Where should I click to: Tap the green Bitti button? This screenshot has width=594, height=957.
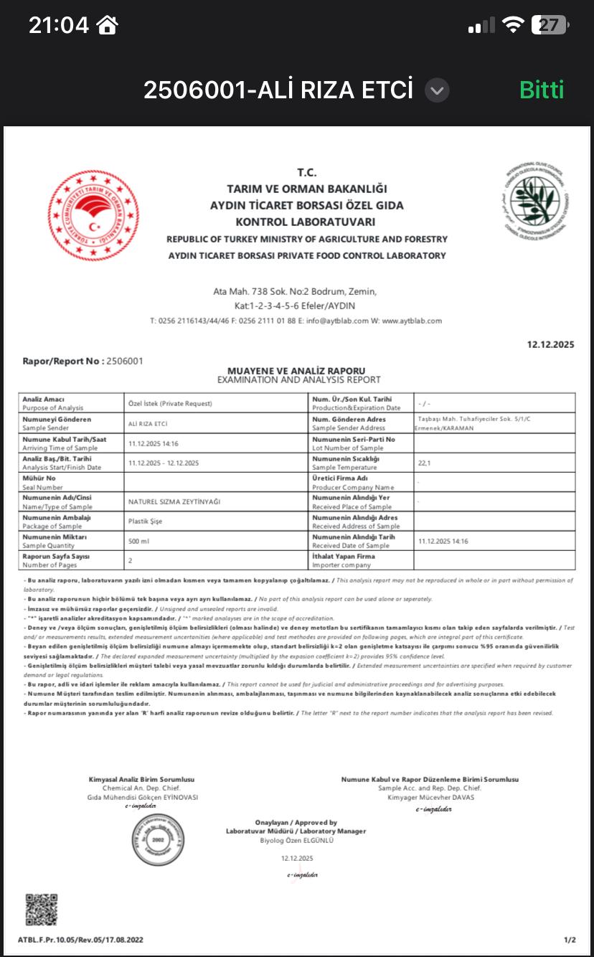(542, 90)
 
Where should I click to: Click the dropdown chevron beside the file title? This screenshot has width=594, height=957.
(437, 90)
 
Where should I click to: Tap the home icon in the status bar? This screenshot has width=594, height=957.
(108, 26)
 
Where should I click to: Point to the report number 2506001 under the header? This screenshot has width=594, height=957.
(124, 361)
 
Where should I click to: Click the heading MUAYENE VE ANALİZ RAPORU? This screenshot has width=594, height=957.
(296, 370)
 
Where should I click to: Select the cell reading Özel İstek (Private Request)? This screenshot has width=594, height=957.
(170, 403)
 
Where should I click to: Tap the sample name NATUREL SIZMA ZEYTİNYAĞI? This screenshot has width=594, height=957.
(174, 501)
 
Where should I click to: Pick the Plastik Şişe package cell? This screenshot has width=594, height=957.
(145, 522)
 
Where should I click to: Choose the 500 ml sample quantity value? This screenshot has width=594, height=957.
(138, 541)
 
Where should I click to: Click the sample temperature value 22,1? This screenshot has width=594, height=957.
(425, 463)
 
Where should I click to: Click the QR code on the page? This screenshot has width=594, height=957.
(41, 910)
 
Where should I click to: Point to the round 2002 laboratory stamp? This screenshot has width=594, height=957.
(158, 840)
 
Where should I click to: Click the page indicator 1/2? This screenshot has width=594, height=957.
(570, 940)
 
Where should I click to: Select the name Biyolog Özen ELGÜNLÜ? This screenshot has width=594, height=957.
(297, 840)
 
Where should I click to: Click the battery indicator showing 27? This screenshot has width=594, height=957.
(550, 26)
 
